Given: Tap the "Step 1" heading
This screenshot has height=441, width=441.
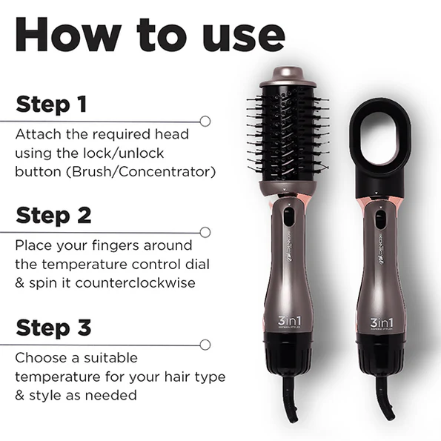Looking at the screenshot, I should pos(51,104).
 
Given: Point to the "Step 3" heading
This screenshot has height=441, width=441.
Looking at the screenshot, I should pos(53,327).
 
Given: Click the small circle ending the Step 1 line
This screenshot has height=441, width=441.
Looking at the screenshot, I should pos(205,120).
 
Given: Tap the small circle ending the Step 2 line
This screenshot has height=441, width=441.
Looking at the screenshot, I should pos(205,232).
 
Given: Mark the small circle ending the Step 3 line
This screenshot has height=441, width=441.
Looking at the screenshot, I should pos(205,344).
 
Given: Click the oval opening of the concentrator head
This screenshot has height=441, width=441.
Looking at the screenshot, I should pos(382,136).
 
